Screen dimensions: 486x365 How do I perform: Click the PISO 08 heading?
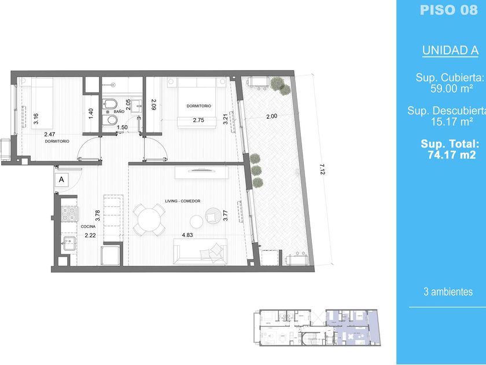(x=449, y=10)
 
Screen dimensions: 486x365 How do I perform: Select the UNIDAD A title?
(x=450, y=50)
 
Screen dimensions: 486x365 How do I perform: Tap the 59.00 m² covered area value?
(x=452, y=89)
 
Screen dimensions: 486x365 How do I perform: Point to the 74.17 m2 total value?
(x=452, y=155)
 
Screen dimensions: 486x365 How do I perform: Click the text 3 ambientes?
(x=448, y=292)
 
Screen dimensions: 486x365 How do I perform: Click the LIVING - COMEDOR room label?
(x=183, y=201)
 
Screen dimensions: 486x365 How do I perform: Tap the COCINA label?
(x=88, y=227)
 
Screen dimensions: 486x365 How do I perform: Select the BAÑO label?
(x=119, y=111)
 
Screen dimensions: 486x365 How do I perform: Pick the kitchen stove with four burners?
(x=69, y=214)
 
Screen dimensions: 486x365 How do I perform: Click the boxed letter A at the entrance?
(x=62, y=180)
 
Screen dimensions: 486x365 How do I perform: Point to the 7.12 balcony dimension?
(x=322, y=169)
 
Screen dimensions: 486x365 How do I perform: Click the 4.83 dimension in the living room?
(x=187, y=235)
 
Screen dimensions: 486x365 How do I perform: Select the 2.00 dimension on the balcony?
(x=272, y=116)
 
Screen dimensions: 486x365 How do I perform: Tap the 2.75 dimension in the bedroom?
(x=198, y=120)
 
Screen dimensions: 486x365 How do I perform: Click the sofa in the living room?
(x=200, y=251)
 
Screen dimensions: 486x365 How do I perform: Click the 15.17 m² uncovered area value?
(x=452, y=122)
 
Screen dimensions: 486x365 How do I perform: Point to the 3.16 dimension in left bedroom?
(x=36, y=119)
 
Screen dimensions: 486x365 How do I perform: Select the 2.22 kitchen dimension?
(x=90, y=235)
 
